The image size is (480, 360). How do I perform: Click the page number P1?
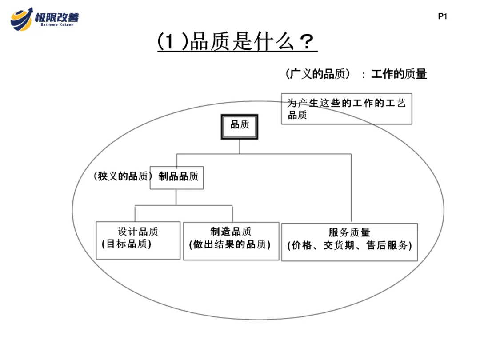point(442,17)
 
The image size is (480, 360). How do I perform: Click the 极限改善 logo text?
point(57,17)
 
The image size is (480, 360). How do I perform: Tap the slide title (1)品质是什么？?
point(237,43)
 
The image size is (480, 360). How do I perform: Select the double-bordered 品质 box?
point(240,127)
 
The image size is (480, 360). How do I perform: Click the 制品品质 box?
point(177,177)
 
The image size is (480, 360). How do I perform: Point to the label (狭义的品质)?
point(121,177)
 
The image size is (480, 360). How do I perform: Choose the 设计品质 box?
point(138,240)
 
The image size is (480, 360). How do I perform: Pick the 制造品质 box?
point(231,240)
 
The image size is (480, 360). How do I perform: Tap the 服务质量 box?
point(349,241)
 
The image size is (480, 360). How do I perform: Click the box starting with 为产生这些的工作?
point(347,108)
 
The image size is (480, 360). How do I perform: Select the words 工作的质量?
point(399,74)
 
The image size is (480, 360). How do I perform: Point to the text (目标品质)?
point(127,244)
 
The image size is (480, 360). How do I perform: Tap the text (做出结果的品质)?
point(230,244)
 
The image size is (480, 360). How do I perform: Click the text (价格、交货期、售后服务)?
point(349,245)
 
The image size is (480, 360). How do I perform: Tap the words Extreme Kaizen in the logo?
point(57,25)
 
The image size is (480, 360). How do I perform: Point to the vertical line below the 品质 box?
point(240,147)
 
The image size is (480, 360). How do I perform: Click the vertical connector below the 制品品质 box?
point(176,197)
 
